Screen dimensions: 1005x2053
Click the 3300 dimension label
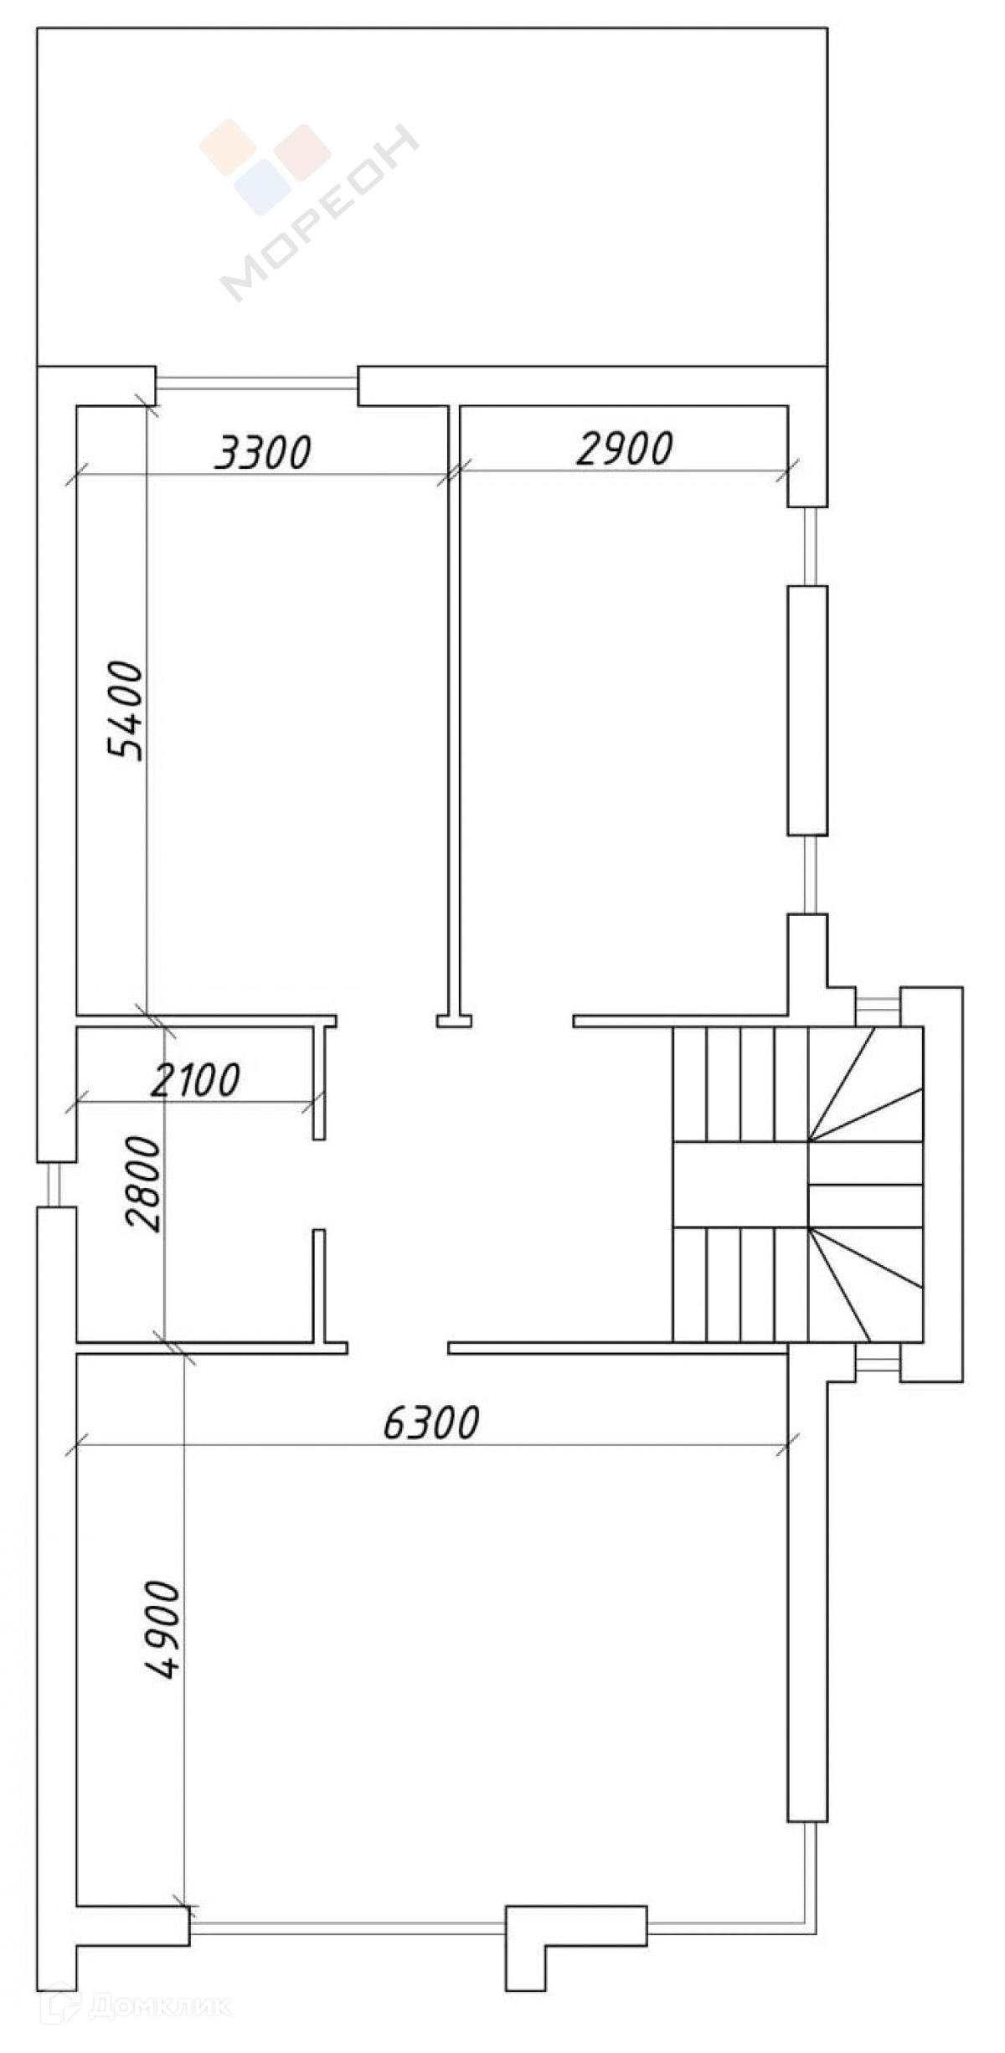pos(263,452)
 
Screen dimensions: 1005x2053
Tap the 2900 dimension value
pos(625,449)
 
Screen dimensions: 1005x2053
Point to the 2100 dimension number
pos(196,1079)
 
